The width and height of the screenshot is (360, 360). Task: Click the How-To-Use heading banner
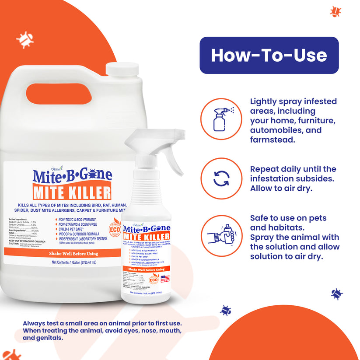pyautogui.click(x=269, y=55)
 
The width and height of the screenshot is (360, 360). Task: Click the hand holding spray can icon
pyautogui.click(x=222, y=238)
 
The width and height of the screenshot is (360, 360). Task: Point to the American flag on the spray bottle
pyautogui.click(x=165, y=279)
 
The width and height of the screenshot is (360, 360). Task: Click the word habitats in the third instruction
pyautogui.click(x=286, y=227)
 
